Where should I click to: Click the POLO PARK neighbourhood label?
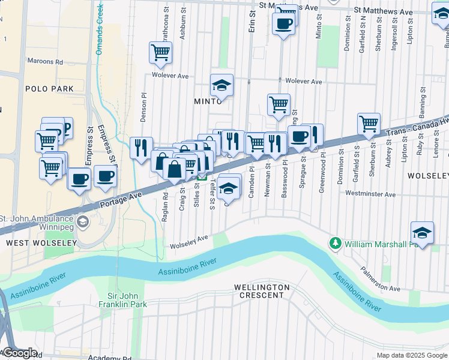[49, 89]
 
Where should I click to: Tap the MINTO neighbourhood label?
[208, 101]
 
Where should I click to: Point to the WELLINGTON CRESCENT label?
[262, 292]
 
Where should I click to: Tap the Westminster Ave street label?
[370, 194]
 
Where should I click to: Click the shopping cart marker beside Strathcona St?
[161, 53]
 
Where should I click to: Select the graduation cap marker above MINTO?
[221, 85]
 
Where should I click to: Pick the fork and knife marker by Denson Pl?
[141, 148]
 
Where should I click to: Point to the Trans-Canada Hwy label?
[417, 127]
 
